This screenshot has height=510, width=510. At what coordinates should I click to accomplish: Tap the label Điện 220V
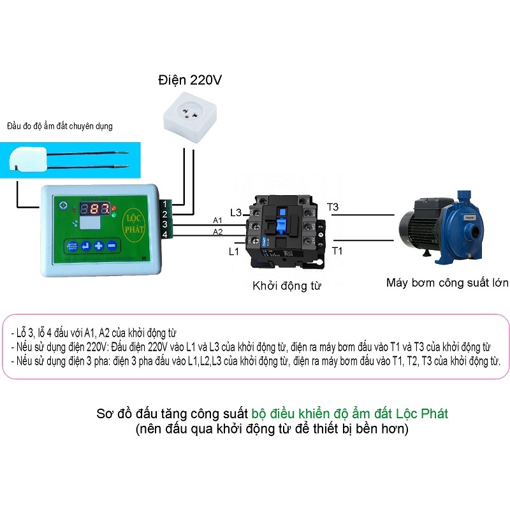190,80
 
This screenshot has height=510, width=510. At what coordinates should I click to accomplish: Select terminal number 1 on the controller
164,204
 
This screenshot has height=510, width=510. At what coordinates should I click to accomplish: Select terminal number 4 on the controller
164,235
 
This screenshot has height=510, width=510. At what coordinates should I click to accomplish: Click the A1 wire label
217,221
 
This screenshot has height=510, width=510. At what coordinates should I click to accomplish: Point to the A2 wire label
217,231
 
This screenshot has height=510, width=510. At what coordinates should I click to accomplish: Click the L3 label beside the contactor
235,212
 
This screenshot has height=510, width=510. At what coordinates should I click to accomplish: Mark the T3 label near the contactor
333,207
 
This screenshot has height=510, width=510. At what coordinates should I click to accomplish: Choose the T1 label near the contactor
337,251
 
